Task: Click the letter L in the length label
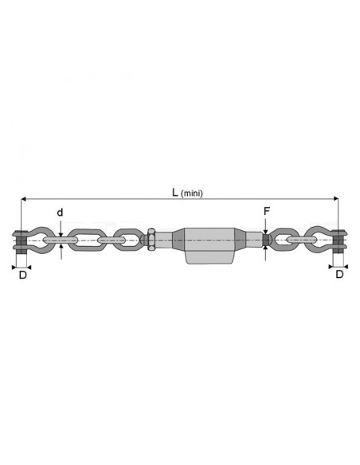tap(175, 192)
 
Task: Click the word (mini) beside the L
tap(192, 193)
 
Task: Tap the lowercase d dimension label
tap(60, 213)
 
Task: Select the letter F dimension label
tap(267, 211)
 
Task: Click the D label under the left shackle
tap(23, 275)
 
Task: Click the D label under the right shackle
tap(339, 275)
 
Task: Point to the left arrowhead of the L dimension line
tap(23, 199)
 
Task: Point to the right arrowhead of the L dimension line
tap(335, 199)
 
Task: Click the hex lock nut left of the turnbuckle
tap(151, 240)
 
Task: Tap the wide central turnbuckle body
tap(209, 245)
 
